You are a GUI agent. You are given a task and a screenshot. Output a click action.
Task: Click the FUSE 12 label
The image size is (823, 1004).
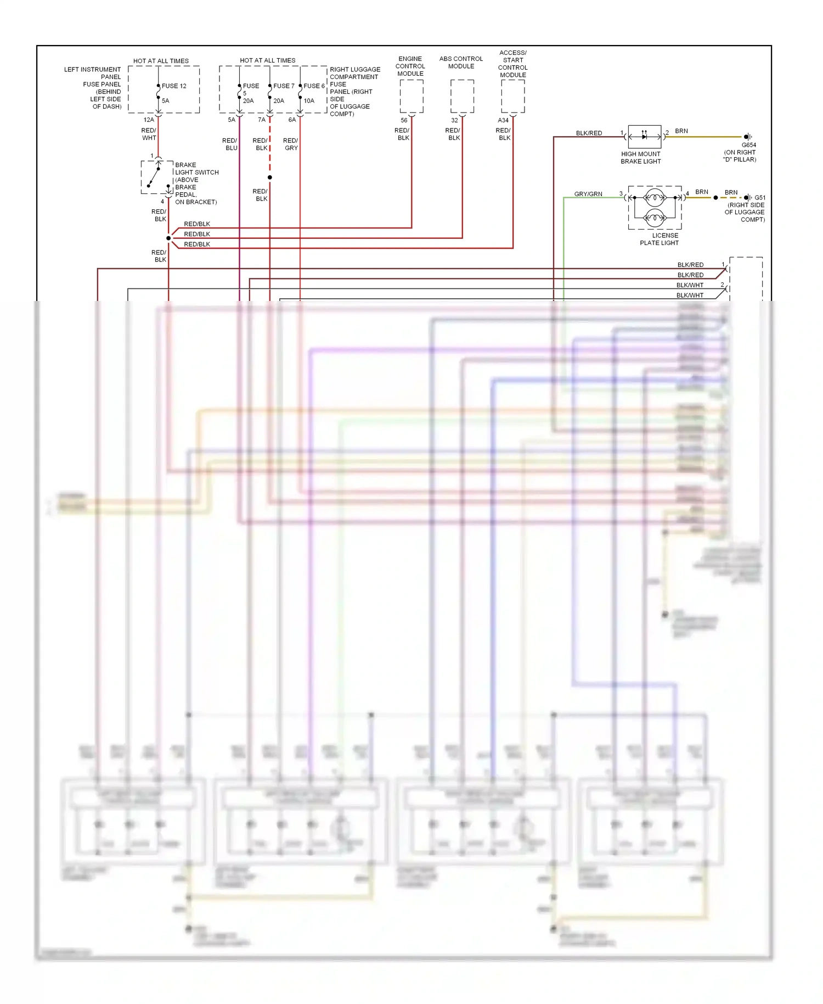click(174, 86)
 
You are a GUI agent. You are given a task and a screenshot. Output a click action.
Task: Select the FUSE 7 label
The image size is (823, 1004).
click(284, 86)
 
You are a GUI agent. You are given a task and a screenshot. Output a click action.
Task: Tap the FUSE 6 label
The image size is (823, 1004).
click(314, 86)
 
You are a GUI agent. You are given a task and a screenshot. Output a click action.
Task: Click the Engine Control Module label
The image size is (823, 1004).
click(410, 66)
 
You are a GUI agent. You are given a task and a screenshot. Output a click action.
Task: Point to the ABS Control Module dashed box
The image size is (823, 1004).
click(462, 97)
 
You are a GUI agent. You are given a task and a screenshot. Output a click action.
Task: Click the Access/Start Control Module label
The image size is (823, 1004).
click(512, 64)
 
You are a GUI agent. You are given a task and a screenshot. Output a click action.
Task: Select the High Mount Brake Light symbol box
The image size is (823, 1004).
click(644, 136)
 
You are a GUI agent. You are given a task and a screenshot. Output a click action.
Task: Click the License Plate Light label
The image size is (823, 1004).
click(659, 239)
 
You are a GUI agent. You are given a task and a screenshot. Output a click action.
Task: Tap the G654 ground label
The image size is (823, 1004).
click(748, 145)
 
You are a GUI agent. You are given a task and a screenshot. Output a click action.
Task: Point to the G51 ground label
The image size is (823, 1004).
click(759, 198)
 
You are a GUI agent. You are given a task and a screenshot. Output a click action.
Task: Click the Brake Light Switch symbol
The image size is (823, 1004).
click(157, 177)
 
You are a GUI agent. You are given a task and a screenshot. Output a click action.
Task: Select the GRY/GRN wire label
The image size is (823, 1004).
click(588, 194)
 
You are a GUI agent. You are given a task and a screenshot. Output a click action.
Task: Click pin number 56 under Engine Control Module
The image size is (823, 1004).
click(404, 120)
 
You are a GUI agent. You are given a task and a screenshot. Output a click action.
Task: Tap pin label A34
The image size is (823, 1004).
click(503, 120)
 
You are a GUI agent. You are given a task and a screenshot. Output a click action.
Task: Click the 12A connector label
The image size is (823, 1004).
click(149, 120)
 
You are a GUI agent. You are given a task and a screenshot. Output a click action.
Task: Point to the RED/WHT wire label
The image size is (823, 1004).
click(149, 134)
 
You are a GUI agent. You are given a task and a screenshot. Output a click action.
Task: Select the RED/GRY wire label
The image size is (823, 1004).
click(291, 144)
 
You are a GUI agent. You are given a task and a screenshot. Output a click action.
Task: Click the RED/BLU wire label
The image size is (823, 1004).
click(230, 144)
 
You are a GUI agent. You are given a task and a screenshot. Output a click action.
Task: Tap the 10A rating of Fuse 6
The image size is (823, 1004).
click(309, 101)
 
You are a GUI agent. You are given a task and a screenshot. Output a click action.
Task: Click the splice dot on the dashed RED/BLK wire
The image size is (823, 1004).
click(269, 177)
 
